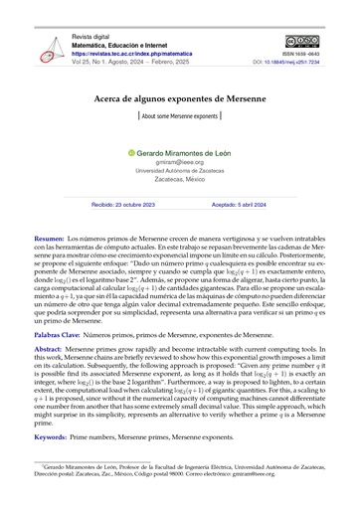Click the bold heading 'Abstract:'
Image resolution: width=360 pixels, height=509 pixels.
click(x=50, y=354)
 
